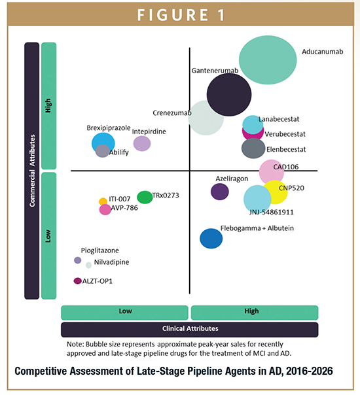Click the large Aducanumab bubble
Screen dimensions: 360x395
(268, 60)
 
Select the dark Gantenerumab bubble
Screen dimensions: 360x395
(229, 94)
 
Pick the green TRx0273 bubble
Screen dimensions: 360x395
(145, 197)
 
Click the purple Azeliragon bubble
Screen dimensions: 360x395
(220, 192)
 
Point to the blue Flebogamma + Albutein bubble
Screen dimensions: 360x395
(211, 238)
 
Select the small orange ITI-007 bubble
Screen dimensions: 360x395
(103, 201)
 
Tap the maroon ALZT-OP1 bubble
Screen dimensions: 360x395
(78, 281)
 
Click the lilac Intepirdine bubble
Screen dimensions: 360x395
(142, 143)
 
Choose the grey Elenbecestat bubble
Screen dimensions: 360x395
(253, 148)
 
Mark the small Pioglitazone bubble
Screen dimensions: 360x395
(78, 260)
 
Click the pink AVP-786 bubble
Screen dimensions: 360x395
(105, 209)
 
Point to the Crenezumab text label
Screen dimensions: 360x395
(172, 113)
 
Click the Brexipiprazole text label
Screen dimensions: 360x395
(109, 128)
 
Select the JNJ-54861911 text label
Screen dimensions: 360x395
(272, 212)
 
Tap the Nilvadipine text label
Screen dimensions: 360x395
(112, 262)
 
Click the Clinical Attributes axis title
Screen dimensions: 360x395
(190, 328)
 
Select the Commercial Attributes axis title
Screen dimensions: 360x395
(32, 171)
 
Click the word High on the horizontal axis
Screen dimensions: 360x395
(251, 311)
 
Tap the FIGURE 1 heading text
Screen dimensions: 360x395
(181, 15)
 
